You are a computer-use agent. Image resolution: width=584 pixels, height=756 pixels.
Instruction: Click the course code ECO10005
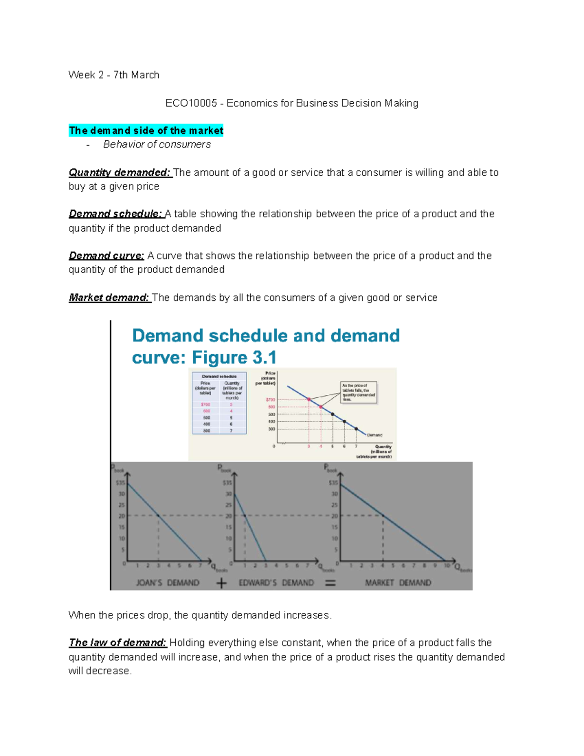191,103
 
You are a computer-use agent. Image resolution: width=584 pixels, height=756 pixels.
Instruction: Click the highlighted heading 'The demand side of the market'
146,130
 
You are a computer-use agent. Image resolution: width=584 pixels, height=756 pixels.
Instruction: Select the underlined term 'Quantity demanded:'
120,172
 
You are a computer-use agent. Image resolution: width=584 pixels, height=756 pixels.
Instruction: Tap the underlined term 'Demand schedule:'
115,214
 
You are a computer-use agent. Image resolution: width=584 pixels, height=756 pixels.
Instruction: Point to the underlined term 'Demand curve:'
107,256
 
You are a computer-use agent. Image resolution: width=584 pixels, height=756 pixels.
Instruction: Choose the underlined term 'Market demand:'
109,297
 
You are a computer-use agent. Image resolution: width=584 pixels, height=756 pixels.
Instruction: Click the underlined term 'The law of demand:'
118,643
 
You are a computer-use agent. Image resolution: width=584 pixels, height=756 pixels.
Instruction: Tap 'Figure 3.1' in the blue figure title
234,358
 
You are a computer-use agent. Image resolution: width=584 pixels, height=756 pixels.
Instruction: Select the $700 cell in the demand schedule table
206,405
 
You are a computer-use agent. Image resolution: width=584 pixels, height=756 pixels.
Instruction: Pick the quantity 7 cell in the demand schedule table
231,431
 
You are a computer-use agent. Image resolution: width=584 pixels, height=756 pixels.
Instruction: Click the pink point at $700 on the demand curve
309,399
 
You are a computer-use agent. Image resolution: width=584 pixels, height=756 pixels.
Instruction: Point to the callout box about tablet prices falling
359,392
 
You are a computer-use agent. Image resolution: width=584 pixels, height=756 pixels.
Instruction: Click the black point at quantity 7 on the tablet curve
356,429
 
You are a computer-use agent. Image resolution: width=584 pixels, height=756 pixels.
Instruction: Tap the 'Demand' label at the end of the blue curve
375,435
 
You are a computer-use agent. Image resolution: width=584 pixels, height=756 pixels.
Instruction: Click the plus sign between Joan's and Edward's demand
221,583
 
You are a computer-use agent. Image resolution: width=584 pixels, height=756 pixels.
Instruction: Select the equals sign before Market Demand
330,583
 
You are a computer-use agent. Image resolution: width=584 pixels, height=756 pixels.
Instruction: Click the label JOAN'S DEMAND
167,583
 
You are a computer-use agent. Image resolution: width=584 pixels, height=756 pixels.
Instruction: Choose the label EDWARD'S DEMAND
276,583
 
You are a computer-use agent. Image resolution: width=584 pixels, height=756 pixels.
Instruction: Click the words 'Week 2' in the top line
86,75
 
